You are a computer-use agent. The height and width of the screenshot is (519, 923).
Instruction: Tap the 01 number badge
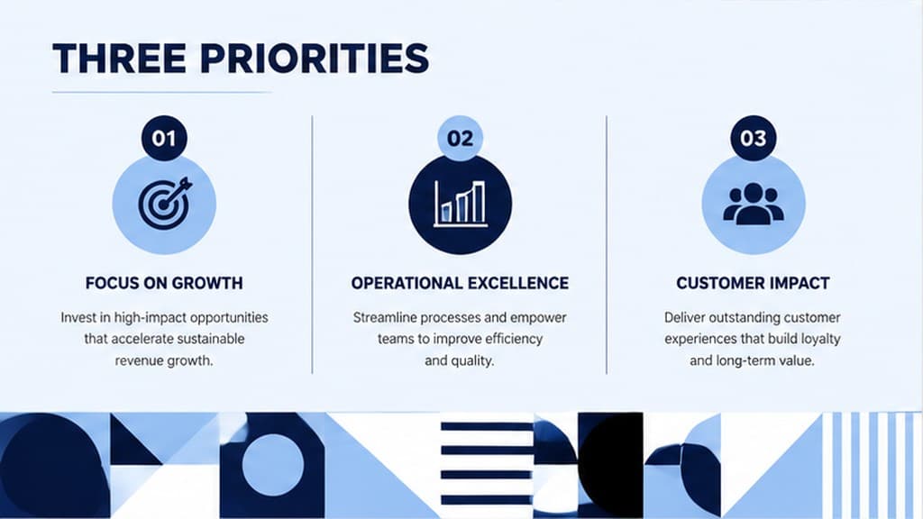(x=164, y=138)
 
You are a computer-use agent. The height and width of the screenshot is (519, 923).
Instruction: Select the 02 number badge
(x=460, y=138)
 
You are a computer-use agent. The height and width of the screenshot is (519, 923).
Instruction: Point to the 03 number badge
(x=754, y=138)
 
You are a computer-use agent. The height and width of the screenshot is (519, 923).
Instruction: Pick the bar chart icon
(x=461, y=204)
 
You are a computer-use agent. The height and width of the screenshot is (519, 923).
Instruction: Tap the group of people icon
(x=754, y=204)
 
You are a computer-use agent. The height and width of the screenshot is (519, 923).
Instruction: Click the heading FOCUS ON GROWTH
(x=164, y=283)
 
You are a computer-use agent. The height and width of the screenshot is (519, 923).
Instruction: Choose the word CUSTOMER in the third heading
(x=717, y=283)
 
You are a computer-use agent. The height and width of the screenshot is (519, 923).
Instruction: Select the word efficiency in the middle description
(x=512, y=339)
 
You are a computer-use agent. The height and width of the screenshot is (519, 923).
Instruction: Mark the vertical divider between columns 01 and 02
(x=312, y=244)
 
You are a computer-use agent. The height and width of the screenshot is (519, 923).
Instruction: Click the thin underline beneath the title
(x=162, y=92)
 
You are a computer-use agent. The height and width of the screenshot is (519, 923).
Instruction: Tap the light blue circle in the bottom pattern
(x=272, y=465)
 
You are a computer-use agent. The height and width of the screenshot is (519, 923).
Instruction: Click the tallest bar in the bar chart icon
(x=479, y=202)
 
